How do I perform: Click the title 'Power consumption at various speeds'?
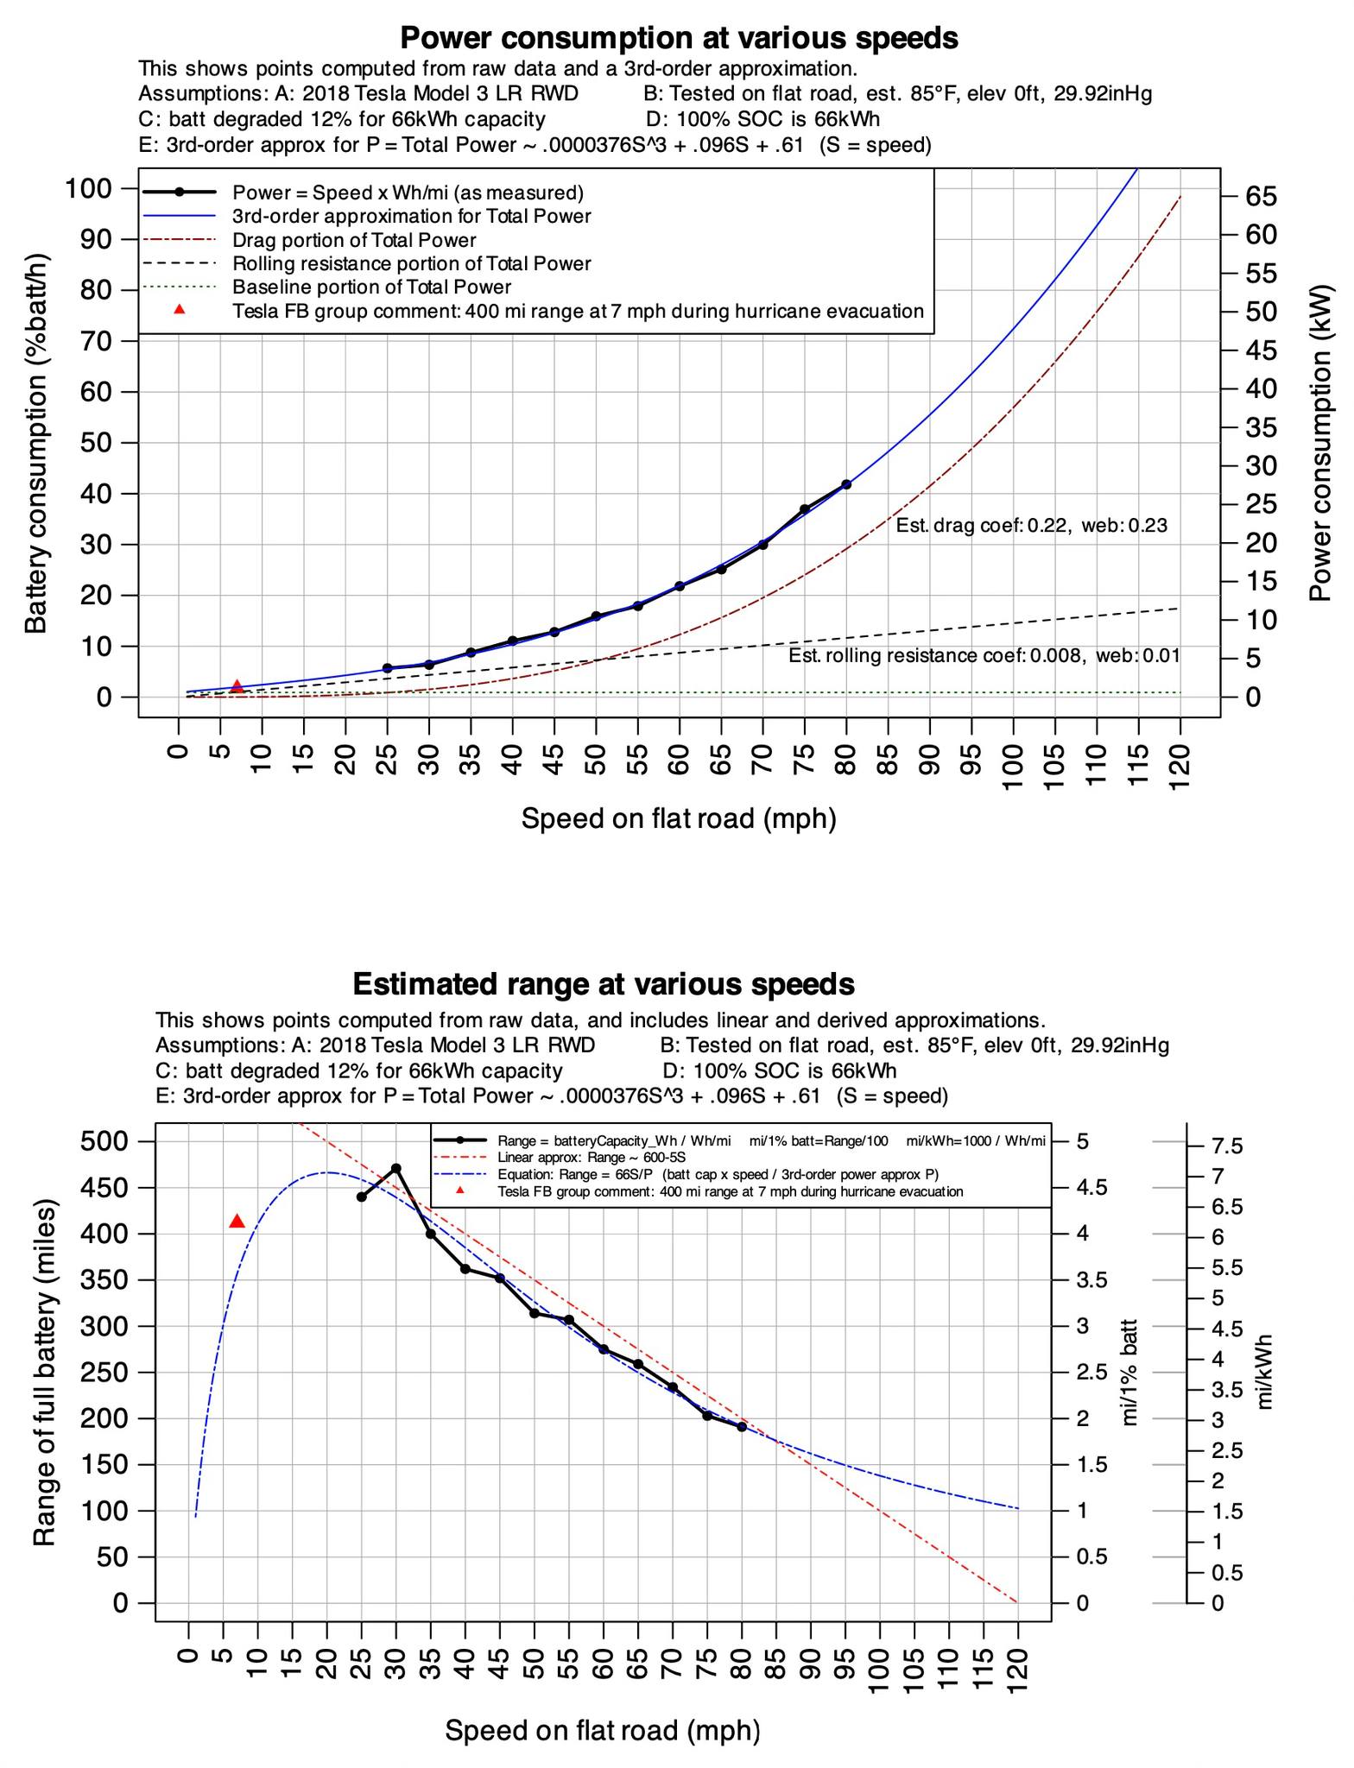(x=679, y=38)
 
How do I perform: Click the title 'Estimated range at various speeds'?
(x=604, y=983)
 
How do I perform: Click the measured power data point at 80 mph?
(x=846, y=484)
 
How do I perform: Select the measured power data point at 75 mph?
(x=805, y=509)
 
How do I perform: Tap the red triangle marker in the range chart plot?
(x=237, y=1221)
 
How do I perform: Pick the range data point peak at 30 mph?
(x=396, y=1168)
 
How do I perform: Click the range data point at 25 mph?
(x=362, y=1197)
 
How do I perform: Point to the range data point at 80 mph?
(x=742, y=1427)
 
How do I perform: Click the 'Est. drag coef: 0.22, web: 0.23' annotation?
(x=1031, y=525)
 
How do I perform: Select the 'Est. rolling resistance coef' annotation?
(x=984, y=655)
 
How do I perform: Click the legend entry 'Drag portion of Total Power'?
(x=354, y=240)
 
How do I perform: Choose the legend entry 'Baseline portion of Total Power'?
(x=371, y=287)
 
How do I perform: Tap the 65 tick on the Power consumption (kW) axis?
(x=1253, y=197)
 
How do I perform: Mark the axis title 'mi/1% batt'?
(x=1129, y=1372)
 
